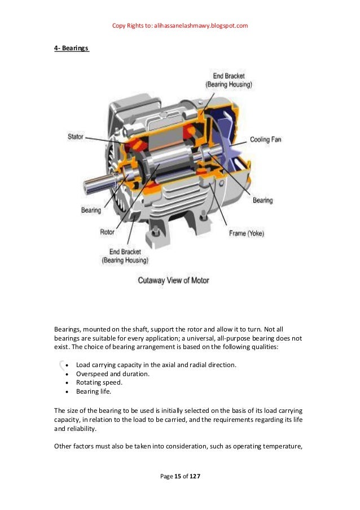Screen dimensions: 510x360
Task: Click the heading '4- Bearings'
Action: (71, 49)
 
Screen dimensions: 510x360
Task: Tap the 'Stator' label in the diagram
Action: (75, 137)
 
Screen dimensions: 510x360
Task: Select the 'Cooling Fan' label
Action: (265, 139)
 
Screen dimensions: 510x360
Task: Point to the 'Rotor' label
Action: (107, 232)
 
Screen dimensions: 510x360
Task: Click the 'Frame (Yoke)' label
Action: (246, 233)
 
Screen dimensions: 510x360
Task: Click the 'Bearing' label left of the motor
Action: (91, 210)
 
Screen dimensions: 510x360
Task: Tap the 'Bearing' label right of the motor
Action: (262, 200)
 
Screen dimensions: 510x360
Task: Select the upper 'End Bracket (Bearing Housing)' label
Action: (229, 80)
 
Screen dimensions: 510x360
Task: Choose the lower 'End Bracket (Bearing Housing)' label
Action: (125, 256)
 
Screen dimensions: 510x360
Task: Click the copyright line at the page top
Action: (180, 25)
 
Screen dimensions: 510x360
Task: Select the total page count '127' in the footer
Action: (195, 477)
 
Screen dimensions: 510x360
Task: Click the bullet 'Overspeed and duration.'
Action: (112, 373)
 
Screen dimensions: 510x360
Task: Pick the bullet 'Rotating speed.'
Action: (99, 382)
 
